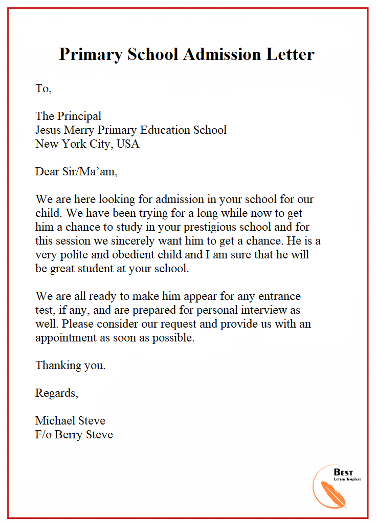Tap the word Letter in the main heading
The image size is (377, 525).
click(x=290, y=54)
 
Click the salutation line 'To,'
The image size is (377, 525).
click(x=43, y=89)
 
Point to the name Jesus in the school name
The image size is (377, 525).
click(x=49, y=130)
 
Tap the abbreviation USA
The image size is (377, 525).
click(x=128, y=144)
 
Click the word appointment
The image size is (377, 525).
click(x=66, y=338)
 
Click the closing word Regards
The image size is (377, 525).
click(x=56, y=393)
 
